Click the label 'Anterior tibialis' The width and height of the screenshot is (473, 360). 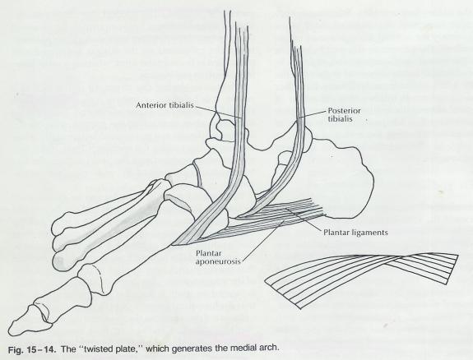pos(165,105)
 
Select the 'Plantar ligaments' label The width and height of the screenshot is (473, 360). pos(355,233)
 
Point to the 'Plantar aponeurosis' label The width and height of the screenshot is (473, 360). pos(218,257)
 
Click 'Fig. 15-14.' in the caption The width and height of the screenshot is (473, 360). pos(32,350)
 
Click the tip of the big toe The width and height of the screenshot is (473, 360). pos(10,330)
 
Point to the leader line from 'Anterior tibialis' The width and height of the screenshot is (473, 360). pos(218,112)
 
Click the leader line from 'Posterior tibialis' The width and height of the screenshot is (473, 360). pos(314,113)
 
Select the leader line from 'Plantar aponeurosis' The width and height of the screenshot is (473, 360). pos(262,239)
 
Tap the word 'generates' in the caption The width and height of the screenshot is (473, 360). pos(202,348)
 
